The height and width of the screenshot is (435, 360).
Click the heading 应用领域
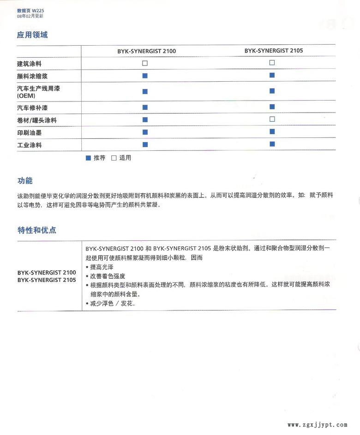32,35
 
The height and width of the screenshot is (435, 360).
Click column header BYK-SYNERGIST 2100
146,51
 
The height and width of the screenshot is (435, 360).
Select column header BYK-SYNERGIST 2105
274,51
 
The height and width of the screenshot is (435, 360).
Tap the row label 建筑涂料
29,64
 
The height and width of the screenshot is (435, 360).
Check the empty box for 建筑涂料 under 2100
145,63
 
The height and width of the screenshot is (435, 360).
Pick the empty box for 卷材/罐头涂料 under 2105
272,119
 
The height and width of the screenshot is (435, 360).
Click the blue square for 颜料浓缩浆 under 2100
145,76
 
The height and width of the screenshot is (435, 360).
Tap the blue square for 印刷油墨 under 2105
272,132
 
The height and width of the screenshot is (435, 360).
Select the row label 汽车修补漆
32,107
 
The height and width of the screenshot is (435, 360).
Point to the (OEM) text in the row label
26,95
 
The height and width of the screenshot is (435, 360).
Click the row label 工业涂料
29,145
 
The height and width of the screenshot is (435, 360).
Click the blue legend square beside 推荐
88,158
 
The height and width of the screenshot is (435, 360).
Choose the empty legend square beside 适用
114,158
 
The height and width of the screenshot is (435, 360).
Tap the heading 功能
25,181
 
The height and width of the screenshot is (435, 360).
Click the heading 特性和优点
37,230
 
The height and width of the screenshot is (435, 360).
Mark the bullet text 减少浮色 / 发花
113,303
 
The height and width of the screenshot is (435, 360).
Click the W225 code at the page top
38,11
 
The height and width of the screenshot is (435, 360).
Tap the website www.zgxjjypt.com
317,425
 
